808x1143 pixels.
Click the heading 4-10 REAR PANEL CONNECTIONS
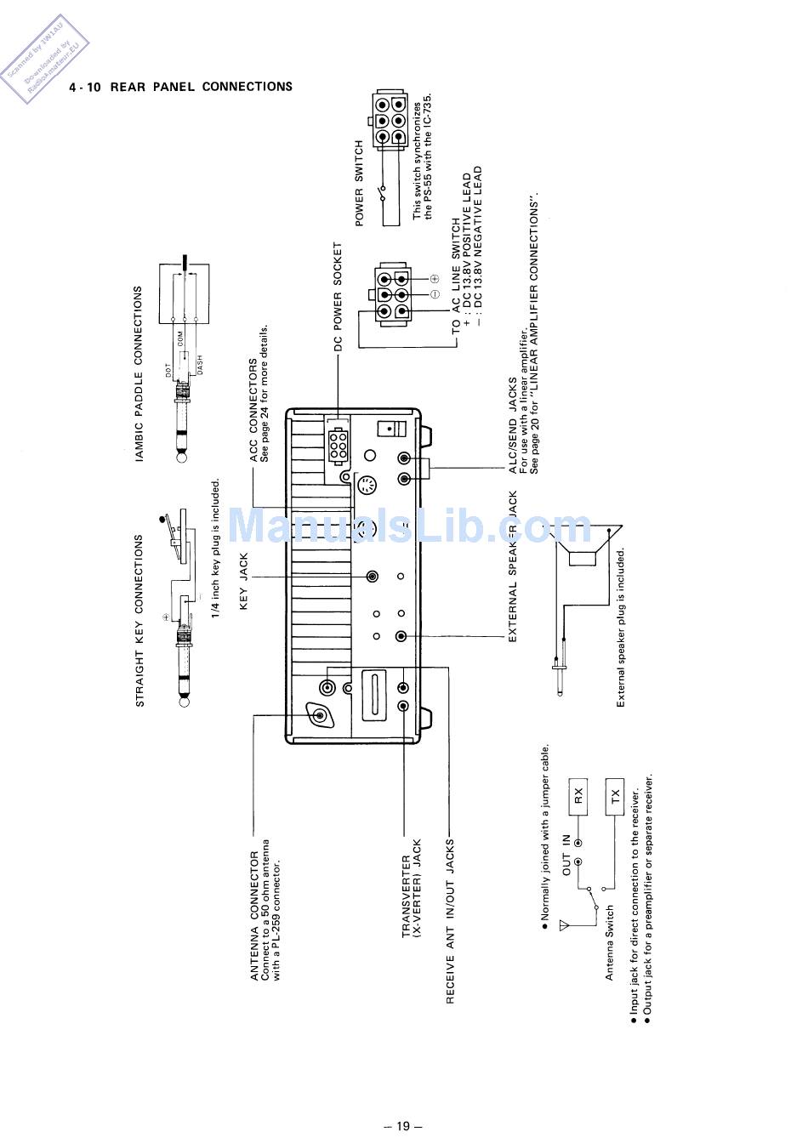click(x=180, y=87)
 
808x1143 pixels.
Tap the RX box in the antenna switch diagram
click(x=579, y=796)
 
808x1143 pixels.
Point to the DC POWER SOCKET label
click(x=338, y=297)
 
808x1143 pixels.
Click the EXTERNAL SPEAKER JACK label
click(x=513, y=566)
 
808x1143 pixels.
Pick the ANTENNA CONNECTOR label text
click(x=254, y=915)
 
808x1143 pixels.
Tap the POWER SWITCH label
click(x=359, y=183)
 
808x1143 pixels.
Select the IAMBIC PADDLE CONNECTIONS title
click(x=139, y=373)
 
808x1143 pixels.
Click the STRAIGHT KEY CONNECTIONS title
click(x=139, y=620)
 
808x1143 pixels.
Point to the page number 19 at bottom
click(x=403, y=1126)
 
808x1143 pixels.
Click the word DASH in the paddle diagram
click(x=200, y=363)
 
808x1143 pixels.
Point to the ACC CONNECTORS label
click(x=253, y=410)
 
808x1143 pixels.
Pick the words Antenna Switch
click(x=609, y=942)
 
